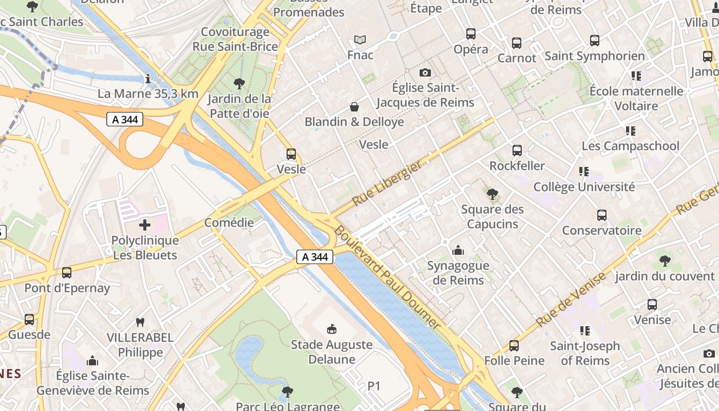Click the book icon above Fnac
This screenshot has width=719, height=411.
[x=361, y=40]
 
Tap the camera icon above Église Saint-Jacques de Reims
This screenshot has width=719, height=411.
[x=425, y=72]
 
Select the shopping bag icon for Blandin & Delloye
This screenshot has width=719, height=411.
[x=354, y=107]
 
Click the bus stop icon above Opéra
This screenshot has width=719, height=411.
[x=471, y=34]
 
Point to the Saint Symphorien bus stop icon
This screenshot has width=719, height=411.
[x=595, y=41]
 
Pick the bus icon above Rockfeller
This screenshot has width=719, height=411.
[x=517, y=151]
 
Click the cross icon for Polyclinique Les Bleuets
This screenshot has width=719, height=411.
[x=145, y=225]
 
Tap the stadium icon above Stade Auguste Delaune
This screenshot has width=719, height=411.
[x=332, y=329]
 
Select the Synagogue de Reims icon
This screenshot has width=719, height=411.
[x=458, y=250]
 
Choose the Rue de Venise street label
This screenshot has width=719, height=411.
[x=571, y=300]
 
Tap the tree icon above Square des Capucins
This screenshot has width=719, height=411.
[x=493, y=194]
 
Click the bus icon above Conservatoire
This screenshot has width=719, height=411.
[x=602, y=215]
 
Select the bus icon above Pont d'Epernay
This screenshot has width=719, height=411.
[x=67, y=273]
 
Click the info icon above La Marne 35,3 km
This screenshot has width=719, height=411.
[x=148, y=79]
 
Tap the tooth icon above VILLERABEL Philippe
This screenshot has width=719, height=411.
[x=140, y=322]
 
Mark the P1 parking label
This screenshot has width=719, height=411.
[x=374, y=386]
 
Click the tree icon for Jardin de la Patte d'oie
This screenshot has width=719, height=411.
[x=239, y=83]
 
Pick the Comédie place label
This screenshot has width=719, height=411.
[x=229, y=222]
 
